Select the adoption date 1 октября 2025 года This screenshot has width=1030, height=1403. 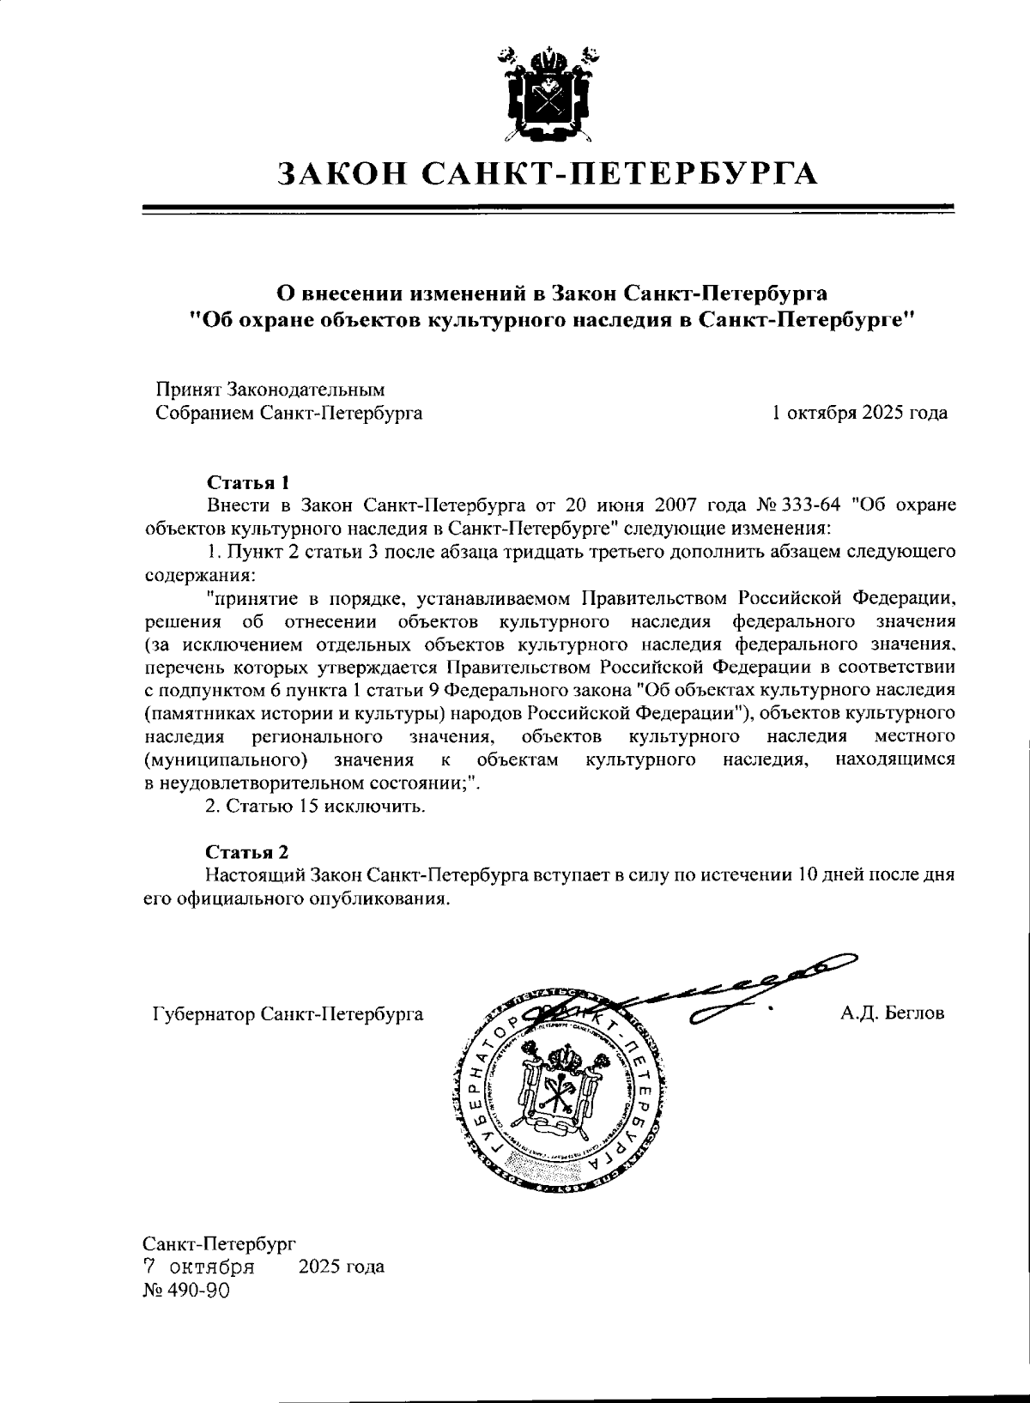point(860,413)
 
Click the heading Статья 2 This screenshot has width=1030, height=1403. point(246,852)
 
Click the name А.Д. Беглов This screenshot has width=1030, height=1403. point(893,1013)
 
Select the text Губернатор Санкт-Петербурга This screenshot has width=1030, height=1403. point(288,1014)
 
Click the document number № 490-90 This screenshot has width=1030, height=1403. point(186,1291)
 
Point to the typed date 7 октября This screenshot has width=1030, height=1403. point(198,1267)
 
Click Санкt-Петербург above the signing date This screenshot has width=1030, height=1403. point(219,1242)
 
